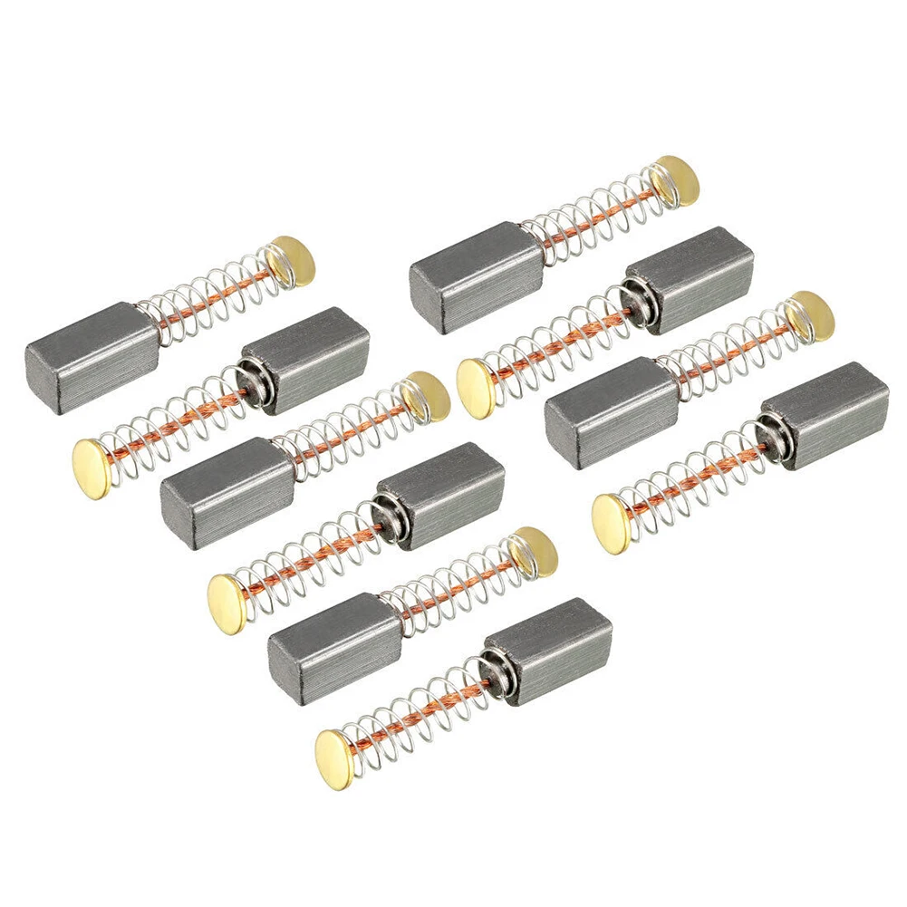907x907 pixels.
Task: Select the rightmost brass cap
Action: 809,316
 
